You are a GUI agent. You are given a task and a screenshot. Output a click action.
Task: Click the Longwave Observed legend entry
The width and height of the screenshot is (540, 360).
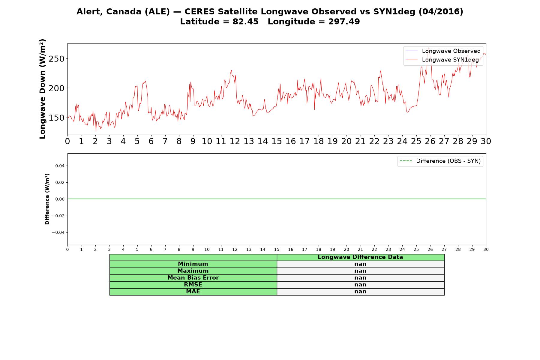click(x=443, y=51)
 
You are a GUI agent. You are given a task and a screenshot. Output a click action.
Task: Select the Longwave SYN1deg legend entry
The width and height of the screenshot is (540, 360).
click(x=442, y=60)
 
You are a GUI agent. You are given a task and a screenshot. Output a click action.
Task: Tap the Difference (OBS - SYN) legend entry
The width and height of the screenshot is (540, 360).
click(x=440, y=161)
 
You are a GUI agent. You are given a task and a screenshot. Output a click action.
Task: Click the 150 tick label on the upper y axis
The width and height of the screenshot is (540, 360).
click(x=56, y=118)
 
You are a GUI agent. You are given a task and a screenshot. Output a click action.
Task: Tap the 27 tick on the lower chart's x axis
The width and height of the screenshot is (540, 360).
click(x=444, y=250)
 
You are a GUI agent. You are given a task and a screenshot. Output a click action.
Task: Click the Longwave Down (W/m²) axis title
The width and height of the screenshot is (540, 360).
click(x=43, y=89)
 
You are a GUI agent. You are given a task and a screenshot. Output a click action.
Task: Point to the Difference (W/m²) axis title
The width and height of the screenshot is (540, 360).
click(x=47, y=199)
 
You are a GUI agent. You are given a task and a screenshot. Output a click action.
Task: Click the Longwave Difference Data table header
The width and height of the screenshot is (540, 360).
click(x=360, y=257)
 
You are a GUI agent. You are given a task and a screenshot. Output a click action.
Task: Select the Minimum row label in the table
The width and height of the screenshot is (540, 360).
click(x=193, y=264)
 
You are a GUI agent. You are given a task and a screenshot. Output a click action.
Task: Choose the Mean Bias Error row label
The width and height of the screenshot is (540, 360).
click(x=193, y=278)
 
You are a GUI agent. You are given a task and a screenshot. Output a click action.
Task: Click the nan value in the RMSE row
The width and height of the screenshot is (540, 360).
click(x=360, y=285)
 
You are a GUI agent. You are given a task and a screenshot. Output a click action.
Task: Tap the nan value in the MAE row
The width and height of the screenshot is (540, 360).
click(x=360, y=292)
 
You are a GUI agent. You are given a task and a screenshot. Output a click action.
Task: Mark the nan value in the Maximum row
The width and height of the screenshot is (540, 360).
click(x=360, y=271)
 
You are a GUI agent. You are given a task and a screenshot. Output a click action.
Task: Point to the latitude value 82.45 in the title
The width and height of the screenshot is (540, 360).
click(x=245, y=22)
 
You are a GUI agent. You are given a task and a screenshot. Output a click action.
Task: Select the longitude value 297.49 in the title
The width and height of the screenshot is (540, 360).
click(x=344, y=22)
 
